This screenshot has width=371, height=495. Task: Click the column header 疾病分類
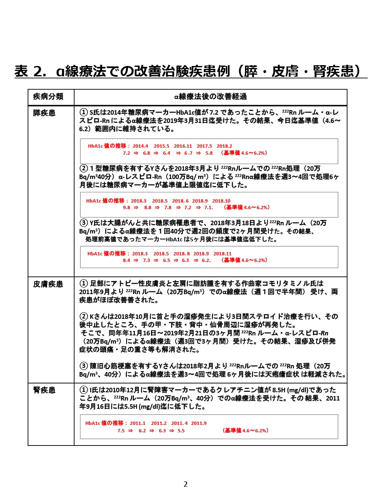48,97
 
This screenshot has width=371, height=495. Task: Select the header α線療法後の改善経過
210,97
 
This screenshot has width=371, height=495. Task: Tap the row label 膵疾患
44,113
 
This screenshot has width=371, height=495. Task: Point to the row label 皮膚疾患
48,284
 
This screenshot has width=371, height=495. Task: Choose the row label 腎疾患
44,390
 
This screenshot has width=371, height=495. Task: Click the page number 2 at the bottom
185,484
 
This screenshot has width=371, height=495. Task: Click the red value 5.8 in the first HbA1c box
209,153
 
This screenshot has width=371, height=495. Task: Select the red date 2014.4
141,146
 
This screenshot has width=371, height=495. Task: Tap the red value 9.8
127,207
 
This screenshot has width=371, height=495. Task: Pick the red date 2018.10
221,201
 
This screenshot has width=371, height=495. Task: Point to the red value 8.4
127,260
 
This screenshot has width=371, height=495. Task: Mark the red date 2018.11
223,254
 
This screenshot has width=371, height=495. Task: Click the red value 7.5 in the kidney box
121,430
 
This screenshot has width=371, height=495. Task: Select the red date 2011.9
199,423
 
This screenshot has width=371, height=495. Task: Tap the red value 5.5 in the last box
181,430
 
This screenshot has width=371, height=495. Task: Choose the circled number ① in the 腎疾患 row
83,390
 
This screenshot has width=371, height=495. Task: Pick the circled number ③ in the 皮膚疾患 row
83,366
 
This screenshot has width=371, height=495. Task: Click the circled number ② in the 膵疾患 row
83,168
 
